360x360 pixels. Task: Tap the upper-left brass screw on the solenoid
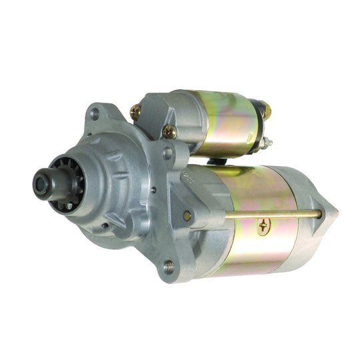[135, 112]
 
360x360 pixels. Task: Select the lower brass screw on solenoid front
[169, 131]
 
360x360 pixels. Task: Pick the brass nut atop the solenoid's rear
[264, 109]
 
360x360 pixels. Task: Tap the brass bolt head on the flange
[187, 215]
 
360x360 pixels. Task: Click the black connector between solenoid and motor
[214, 160]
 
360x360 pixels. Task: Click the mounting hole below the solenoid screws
[168, 153]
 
